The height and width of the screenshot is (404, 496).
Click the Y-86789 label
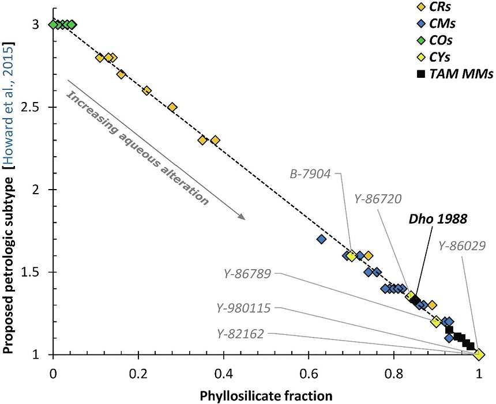249,273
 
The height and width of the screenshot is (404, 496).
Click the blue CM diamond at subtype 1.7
322,239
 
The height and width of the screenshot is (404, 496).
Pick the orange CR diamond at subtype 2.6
146,90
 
